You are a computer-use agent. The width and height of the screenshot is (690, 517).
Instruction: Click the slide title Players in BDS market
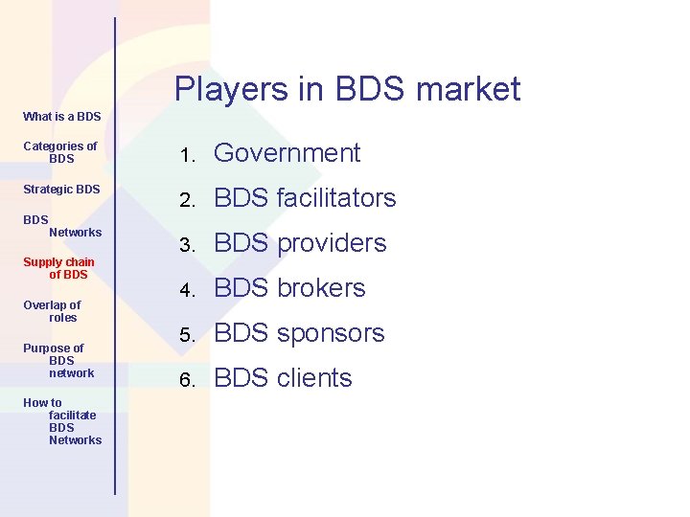347,89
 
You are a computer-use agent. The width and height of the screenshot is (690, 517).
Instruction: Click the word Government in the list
287,153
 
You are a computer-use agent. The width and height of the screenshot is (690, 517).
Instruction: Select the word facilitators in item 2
335,198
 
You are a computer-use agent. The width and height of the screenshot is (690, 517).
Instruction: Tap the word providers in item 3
331,243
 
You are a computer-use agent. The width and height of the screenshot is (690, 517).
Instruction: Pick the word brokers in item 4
321,288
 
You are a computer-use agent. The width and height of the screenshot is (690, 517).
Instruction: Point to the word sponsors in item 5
331,333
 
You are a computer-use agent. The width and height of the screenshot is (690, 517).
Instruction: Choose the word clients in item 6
314,378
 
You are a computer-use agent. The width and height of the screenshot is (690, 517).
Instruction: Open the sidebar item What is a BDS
61,117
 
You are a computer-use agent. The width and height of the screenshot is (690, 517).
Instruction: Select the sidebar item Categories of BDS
60,152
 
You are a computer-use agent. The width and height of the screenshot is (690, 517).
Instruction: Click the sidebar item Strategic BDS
61,190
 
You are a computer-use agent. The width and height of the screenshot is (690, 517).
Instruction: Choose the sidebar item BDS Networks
62,226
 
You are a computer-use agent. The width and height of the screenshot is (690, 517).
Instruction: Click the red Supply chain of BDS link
59,268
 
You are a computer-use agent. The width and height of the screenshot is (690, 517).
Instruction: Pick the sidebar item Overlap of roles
53,311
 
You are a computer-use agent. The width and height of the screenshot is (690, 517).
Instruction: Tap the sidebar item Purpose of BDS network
57,360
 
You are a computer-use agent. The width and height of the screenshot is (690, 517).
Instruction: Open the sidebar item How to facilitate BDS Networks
63,421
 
